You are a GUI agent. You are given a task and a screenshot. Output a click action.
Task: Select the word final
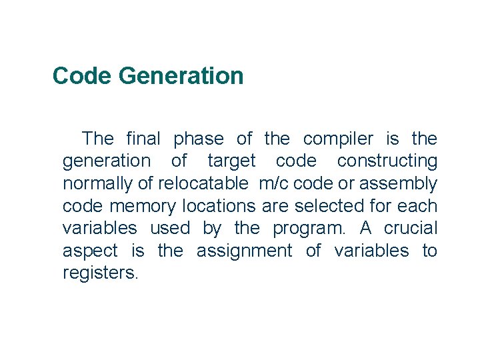click(x=143, y=139)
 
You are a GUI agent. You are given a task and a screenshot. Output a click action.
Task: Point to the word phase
click(x=199, y=139)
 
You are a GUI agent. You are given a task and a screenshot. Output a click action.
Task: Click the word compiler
click(x=338, y=139)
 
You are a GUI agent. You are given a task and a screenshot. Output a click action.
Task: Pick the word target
click(x=231, y=161)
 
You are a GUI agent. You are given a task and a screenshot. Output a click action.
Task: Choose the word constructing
click(x=387, y=161)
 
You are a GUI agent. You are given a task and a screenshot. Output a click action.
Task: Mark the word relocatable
click(x=203, y=183)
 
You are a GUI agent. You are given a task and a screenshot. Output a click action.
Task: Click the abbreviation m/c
click(x=273, y=183)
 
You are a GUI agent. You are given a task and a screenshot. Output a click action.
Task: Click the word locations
click(x=219, y=206)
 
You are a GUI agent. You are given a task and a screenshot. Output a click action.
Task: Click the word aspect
click(x=90, y=251)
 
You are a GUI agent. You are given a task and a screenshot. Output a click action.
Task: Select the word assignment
click(x=244, y=251)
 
